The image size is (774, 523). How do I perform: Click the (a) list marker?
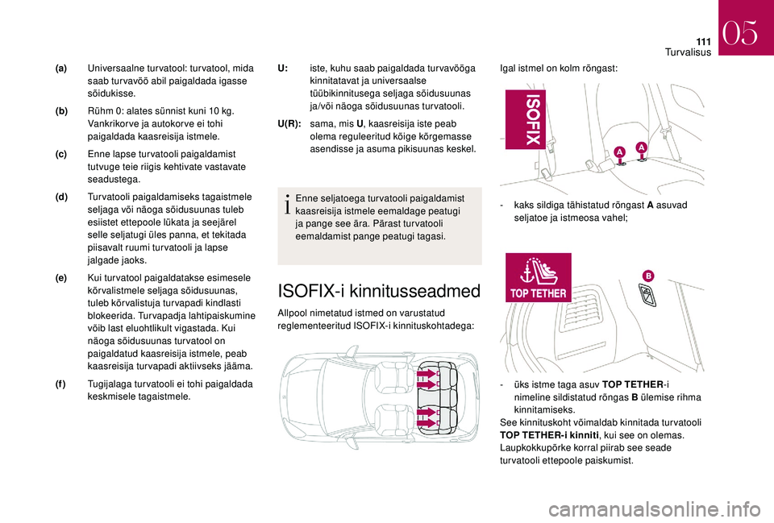(x=62, y=70)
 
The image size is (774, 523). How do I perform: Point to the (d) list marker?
(x=62, y=196)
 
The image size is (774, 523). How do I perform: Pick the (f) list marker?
(x=62, y=384)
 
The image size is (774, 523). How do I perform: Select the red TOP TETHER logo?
(x=539, y=278)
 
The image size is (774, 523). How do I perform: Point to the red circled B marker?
(x=647, y=276)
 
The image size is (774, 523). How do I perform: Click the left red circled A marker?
(x=620, y=152)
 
